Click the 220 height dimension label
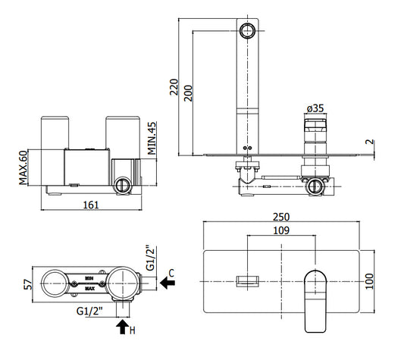tap(174, 87)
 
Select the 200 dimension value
tap(188, 93)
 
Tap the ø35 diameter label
tap(315, 108)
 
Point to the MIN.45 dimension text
tap(152, 138)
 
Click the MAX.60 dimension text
tap(23, 167)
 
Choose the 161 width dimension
tap(91, 205)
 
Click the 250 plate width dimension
tap(281, 217)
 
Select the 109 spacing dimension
tap(281, 230)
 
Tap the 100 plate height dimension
tap(369, 281)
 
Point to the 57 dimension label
tap(28, 284)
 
